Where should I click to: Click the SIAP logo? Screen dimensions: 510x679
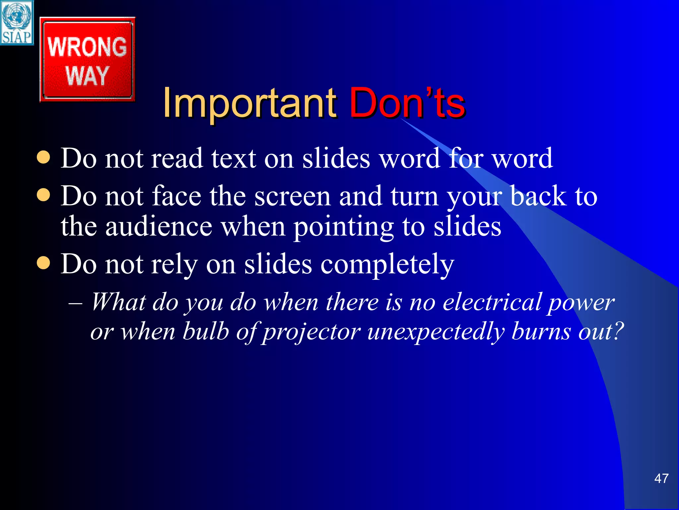(17, 23)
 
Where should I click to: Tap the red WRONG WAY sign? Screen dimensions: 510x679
(87, 60)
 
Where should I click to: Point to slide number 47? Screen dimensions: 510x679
(661, 478)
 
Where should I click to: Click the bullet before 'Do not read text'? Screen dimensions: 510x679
(43, 157)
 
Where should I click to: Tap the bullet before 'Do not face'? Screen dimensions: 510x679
(43, 195)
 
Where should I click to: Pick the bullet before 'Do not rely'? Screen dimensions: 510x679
(43, 264)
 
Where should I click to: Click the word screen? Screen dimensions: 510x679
(292, 197)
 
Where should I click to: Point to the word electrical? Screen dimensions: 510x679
(492, 302)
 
